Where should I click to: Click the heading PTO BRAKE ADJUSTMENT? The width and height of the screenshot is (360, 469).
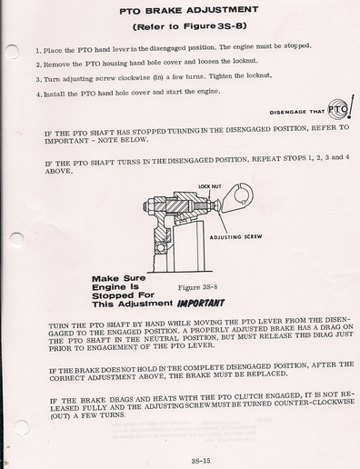(x=189, y=11)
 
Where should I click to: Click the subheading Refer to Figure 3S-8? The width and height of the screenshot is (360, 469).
(x=190, y=26)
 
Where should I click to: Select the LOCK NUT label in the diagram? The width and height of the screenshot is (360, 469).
(x=210, y=186)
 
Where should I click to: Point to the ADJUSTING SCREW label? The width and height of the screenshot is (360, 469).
(x=235, y=236)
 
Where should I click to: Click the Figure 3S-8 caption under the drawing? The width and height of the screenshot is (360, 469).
(x=197, y=287)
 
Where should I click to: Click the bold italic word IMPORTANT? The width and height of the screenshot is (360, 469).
(x=201, y=304)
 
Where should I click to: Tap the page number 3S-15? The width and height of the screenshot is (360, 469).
(x=201, y=461)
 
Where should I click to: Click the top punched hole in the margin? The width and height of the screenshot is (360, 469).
(x=13, y=52)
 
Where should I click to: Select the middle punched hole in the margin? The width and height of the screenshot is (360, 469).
(x=16, y=240)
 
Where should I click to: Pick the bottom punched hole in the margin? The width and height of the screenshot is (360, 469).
(x=22, y=427)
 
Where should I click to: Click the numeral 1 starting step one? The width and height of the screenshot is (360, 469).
(x=38, y=51)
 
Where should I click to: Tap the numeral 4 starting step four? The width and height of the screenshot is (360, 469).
(x=38, y=95)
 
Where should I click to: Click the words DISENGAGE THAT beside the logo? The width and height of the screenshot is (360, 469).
(x=297, y=112)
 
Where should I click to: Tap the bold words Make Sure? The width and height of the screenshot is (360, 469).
(x=119, y=278)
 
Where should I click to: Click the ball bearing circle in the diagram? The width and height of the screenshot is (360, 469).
(x=160, y=248)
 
